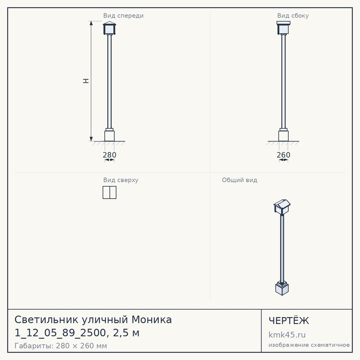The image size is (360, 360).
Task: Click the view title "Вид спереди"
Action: tap(123, 16)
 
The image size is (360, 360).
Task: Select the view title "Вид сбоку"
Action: tap(293, 15)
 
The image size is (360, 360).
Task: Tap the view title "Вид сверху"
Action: tap(121, 180)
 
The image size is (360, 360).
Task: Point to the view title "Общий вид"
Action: tap(239, 180)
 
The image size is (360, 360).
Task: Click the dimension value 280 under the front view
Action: tap(109, 155)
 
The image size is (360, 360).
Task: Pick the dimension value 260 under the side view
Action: tap(284, 155)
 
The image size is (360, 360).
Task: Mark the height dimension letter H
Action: tap(86, 81)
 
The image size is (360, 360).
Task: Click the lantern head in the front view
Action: tap(109, 28)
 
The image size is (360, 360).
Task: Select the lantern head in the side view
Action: tap(284, 28)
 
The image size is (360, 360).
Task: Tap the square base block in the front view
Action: tap(109, 136)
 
